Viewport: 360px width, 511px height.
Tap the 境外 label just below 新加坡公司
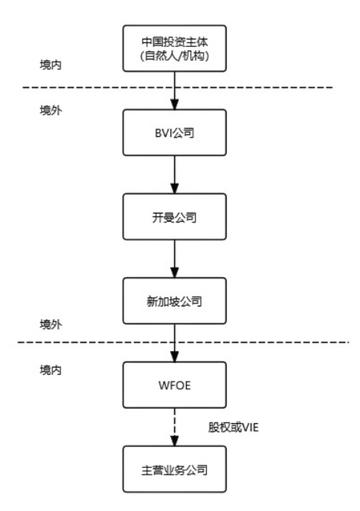click(51, 325)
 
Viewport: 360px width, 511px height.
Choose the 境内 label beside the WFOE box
click(51, 370)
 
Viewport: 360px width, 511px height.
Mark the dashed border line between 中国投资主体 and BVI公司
click(89, 88)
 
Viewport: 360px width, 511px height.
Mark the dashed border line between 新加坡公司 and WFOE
click(89, 342)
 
